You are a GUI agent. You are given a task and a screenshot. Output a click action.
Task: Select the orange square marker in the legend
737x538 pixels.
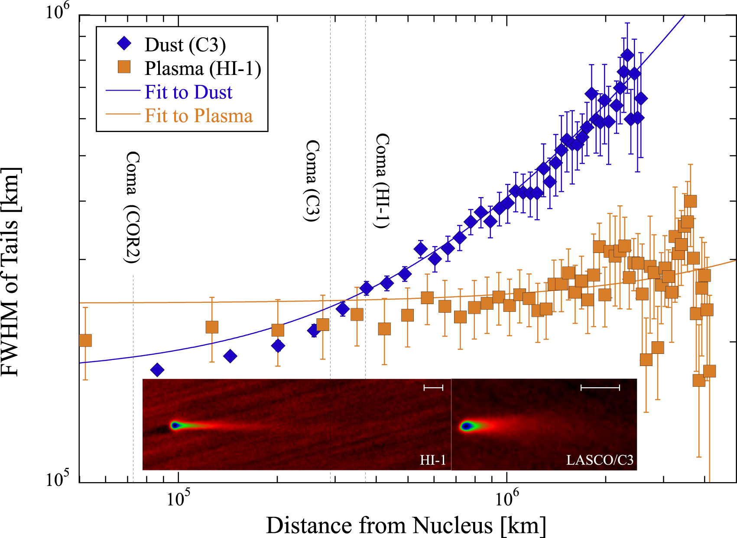click(124, 67)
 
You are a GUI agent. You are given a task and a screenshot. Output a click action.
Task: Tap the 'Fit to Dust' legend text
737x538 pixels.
click(188, 92)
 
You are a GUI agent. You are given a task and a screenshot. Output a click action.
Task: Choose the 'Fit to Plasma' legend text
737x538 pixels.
click(198, 116)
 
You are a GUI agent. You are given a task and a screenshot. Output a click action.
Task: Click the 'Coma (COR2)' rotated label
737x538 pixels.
click(132, 207)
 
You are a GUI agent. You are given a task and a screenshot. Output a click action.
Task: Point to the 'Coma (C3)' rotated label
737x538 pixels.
click(312, 181)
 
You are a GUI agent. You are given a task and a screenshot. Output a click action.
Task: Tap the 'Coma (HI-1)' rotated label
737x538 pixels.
click(382, 181)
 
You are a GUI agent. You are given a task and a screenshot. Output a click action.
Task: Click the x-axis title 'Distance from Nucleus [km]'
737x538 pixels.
click(406, 525)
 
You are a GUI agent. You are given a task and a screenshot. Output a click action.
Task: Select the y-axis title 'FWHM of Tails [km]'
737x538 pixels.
click(10, 272)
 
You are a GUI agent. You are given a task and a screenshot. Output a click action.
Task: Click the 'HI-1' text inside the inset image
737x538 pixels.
click(432, 460)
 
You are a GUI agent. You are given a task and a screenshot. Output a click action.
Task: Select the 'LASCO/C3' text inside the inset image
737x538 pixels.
click(600, 460)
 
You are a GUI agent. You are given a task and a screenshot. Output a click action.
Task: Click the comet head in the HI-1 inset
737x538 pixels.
click(175, 425)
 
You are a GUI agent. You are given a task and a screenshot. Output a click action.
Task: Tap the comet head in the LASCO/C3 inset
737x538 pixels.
click(466, 426)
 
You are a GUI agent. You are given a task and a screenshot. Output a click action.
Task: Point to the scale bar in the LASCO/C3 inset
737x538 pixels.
click(600, 387)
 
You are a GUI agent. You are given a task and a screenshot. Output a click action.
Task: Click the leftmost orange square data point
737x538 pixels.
click(85, 340)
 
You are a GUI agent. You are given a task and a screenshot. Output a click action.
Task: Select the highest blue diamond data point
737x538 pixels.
click(627, 55)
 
